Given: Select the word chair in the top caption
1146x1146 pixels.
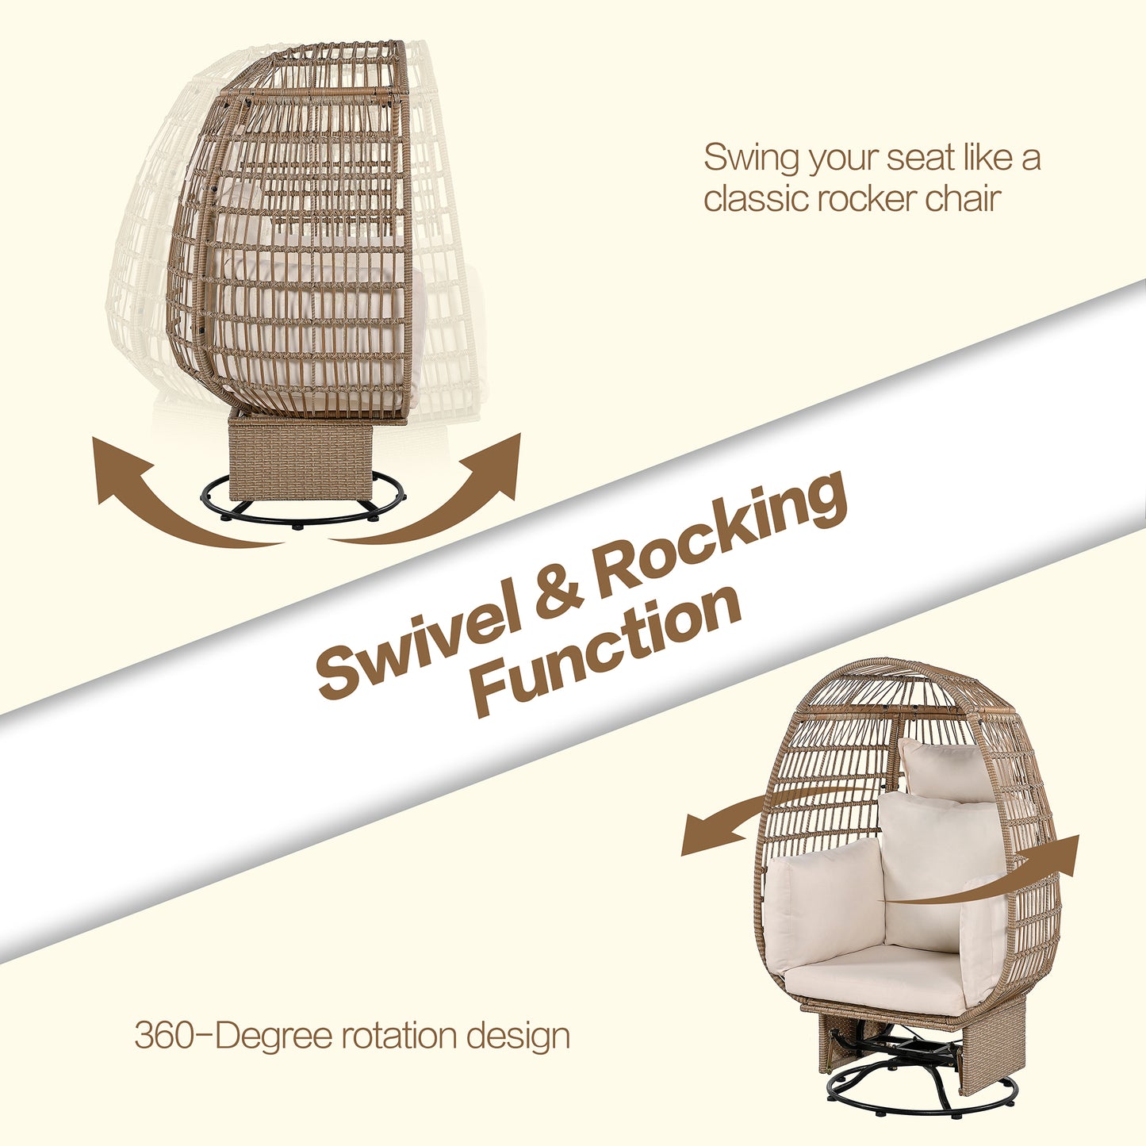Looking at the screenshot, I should pyautogui.click(x=963, y=198).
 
